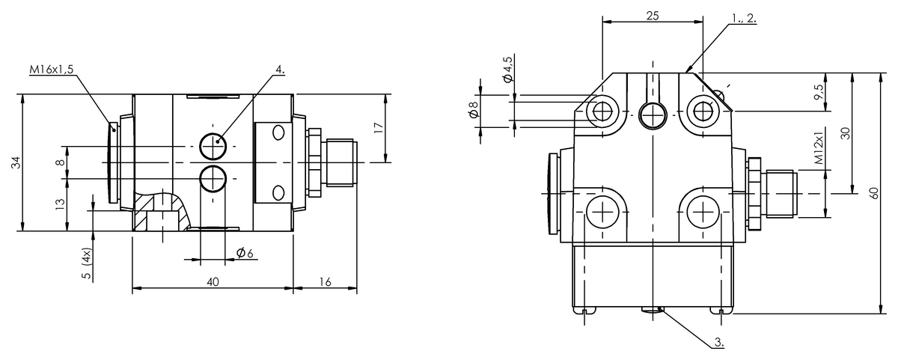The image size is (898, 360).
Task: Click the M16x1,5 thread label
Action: point(52,70)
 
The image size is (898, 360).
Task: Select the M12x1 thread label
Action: point(819,147)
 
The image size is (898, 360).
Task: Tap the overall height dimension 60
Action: point(874,193)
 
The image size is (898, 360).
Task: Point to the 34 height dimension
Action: point(15,162)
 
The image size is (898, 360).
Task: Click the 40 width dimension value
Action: point(213,282)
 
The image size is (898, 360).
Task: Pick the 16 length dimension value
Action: point(326,282)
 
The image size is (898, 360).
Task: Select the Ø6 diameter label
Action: point(245,253)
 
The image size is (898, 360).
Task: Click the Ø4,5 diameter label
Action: point(508,70)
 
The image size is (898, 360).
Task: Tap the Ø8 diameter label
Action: point(474,109)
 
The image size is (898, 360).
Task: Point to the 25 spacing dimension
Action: point(653,16)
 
